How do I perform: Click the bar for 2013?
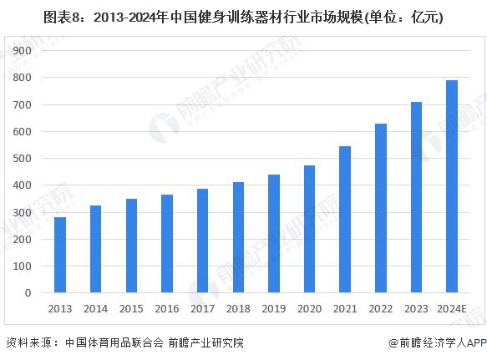59,256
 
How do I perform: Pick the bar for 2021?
345,220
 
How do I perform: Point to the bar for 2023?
416,198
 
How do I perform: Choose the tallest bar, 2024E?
452,187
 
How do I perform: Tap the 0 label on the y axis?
28,293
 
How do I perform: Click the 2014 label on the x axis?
95,309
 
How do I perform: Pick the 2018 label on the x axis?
238,309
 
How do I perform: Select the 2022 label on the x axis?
380,309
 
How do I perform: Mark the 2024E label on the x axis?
452,309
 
